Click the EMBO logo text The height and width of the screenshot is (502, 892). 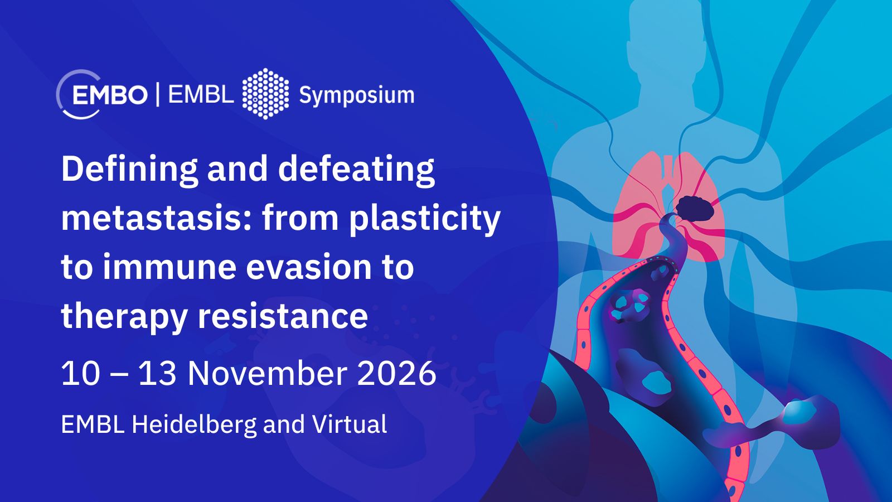pyautogui.click(x=110, y=95)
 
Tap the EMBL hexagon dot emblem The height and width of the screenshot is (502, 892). pyautogui.click(x=265, y=94)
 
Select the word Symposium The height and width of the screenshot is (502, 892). pyautogui.click(x=357, y=96)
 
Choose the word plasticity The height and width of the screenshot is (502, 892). pyautogui.click(x=425, y=220)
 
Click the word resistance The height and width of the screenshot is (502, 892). pyautogui.click(x=283, y=316)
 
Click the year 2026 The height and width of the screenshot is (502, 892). pyautogui.click(x=396, y=373)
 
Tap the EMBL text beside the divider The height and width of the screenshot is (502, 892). pyautogui.click(x=201, y=95)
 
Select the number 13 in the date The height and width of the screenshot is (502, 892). pyautogui.click(x=157, y=373)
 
